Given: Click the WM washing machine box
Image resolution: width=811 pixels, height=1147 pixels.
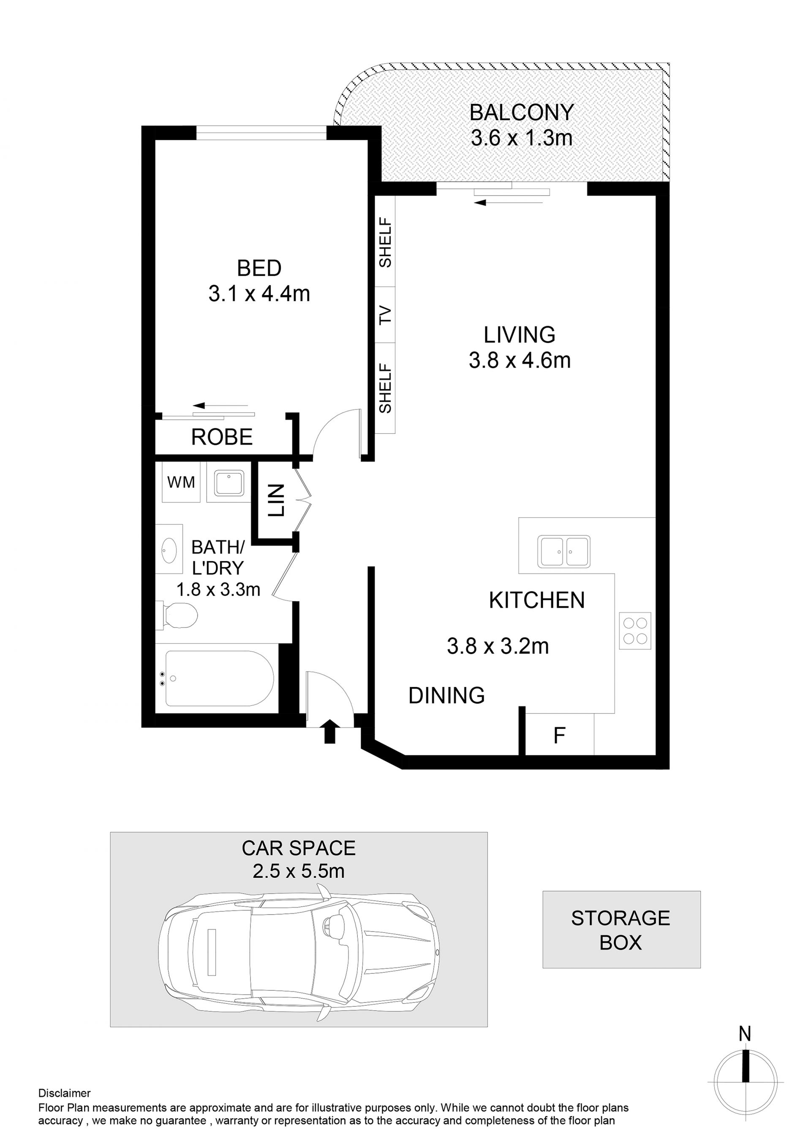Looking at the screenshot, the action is click(181, 482).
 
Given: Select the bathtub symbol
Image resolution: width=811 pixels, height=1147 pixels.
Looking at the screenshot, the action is click(219, 678).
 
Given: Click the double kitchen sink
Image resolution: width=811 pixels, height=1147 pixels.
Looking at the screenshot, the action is click(564, 551).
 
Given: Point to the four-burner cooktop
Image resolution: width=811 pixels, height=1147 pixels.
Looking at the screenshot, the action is click(635, 630).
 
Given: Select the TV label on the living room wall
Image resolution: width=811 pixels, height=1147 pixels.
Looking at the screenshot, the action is click(385, 315).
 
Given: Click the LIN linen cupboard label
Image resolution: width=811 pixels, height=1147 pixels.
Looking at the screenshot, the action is click(276, 500).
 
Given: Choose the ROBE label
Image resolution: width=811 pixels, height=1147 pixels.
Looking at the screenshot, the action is click(222, 437).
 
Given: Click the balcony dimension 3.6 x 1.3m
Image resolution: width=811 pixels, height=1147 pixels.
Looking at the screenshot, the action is click(521, 139).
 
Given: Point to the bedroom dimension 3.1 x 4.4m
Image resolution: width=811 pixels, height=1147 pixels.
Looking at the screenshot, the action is click(259, 294).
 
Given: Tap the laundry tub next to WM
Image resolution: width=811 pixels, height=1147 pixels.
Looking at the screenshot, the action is click(229, 482).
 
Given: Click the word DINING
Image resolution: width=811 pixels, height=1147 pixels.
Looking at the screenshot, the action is click(446, 695).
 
